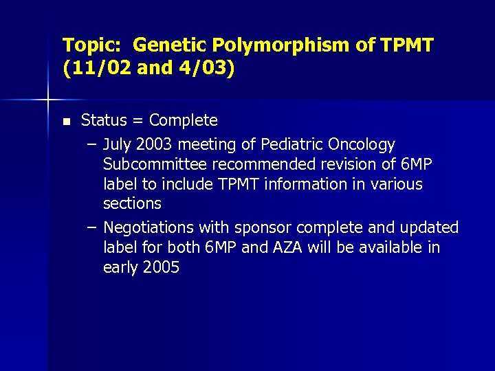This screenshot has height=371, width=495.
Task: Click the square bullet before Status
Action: (x=66, y=122)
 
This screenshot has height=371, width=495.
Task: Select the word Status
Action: (x=104, y=121)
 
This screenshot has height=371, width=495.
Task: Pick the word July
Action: (x=117, y=145)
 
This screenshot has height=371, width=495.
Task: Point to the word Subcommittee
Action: (x=155, y=164)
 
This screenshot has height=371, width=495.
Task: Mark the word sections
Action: (x=132, y=203)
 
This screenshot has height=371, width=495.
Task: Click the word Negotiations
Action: (x=148, y=227)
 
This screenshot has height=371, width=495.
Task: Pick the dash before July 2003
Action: (x=92, y=145)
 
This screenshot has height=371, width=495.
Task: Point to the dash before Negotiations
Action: (x=92, y=227)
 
